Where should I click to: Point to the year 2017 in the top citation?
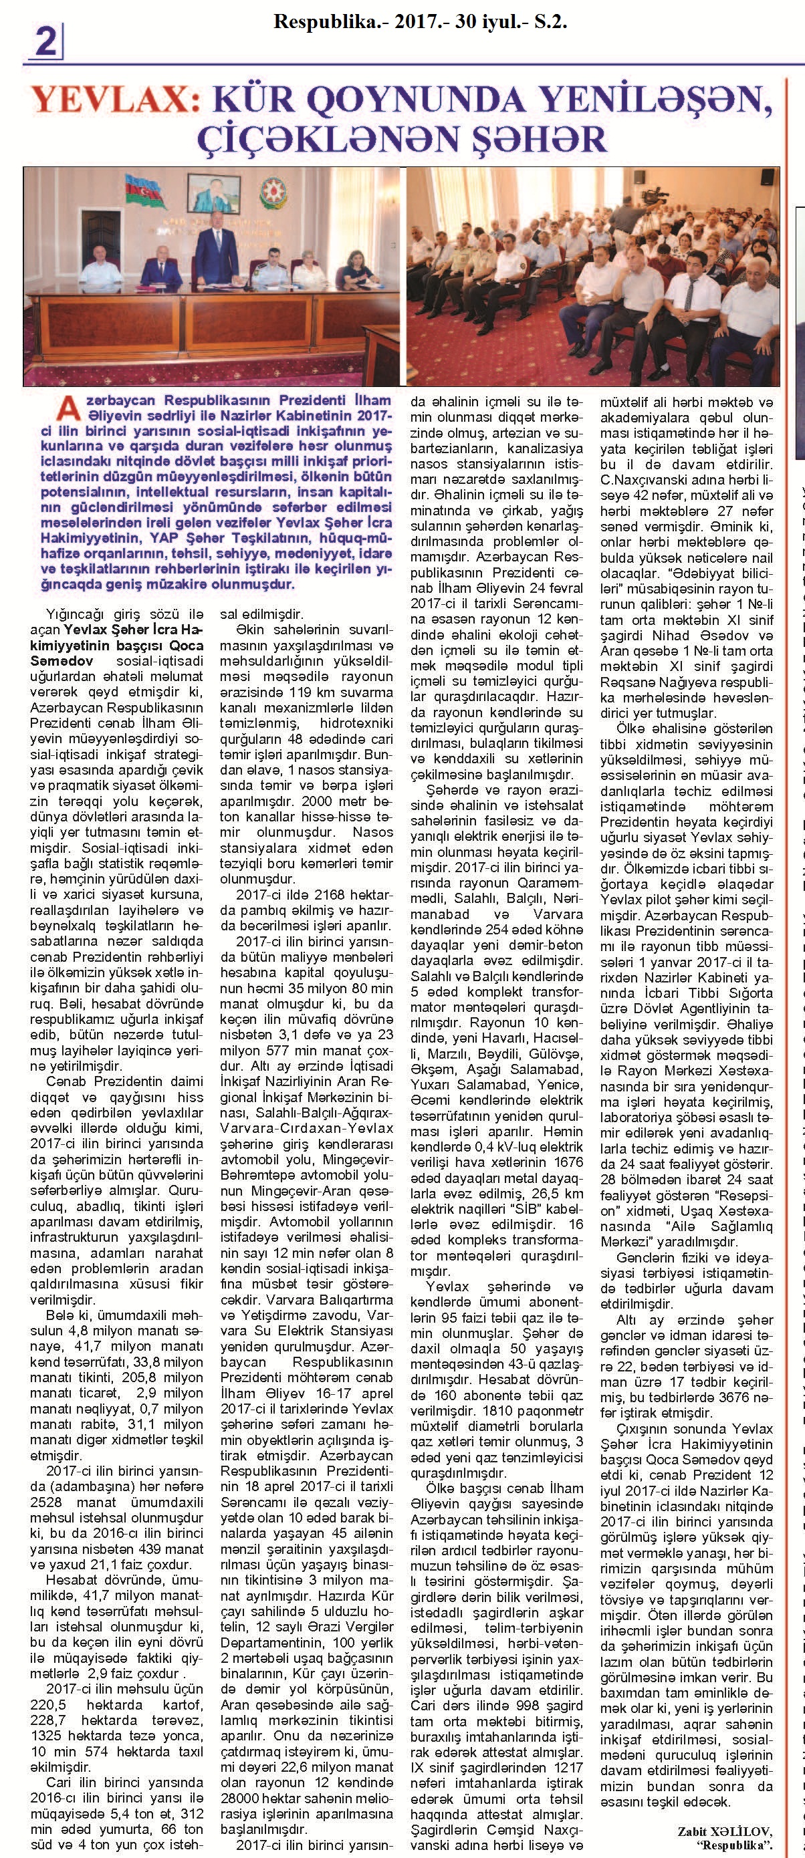click(x=403, y=22)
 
